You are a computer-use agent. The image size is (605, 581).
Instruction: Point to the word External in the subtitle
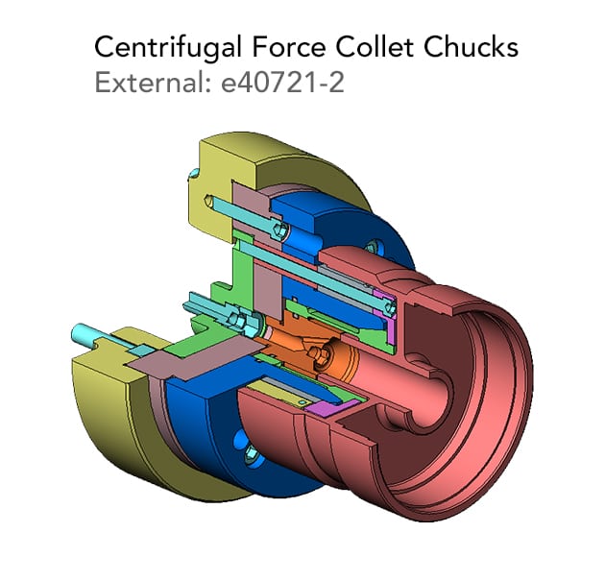(152, 84)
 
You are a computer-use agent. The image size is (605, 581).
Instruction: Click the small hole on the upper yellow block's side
(194, 174)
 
